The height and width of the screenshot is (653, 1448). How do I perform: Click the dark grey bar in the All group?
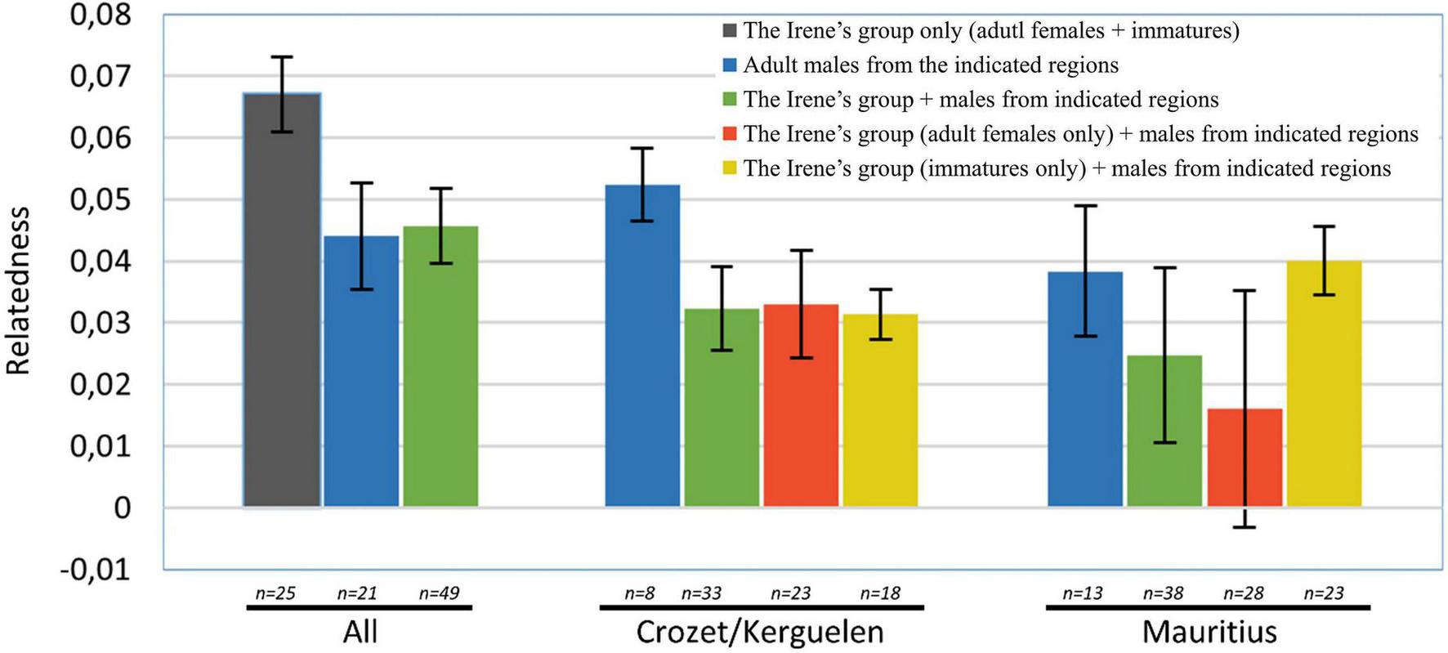click(x=282, y=327)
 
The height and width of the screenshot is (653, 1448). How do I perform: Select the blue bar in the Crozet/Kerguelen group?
click(x=642, y=368)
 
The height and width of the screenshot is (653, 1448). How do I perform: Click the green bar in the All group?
click(x=440, y=368)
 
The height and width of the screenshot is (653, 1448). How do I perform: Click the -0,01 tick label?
click(x=96, y=570)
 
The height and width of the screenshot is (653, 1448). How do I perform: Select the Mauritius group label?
click(x=1209, y=632)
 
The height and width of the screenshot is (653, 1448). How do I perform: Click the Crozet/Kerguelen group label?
click(x=760, y=632)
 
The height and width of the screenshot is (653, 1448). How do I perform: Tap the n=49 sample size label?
click(x=439, y=593)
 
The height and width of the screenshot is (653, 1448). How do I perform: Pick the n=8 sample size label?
click(x=640, y=593)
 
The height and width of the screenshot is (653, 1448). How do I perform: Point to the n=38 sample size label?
click(x=1163, y=593)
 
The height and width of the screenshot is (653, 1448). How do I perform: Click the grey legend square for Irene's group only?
click(x=730, y=31)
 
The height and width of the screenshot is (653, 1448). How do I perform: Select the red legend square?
click(x=730, y=134)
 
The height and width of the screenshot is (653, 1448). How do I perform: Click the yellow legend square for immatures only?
click(x=730, y=168)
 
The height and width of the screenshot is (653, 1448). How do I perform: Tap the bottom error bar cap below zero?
click(x=1245, y=527)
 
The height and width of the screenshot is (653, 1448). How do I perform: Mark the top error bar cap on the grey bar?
click(x=282, y=57)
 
